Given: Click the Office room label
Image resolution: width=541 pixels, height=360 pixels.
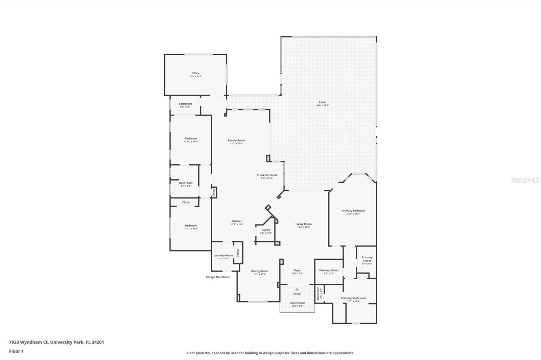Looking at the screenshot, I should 195,73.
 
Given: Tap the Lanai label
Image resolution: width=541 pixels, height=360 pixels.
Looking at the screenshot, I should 322,102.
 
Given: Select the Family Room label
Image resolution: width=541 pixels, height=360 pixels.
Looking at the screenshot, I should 236,140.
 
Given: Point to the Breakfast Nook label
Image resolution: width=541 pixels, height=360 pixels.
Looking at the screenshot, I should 267,175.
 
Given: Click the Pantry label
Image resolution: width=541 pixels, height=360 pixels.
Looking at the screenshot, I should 266,230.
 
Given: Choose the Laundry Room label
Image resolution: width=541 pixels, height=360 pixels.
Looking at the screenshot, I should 223,256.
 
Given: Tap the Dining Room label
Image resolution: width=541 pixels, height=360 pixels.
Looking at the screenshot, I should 259,271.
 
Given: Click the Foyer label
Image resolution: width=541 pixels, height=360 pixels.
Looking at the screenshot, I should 297,271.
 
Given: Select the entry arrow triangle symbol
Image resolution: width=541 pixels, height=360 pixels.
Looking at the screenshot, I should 297,289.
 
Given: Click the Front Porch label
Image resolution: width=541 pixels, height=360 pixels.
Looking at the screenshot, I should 297,303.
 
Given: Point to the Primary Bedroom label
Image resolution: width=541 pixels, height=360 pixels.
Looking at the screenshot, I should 353,211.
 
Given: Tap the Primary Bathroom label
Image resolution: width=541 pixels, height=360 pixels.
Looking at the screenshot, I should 353,298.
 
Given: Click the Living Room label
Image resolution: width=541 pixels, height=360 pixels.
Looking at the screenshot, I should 303,224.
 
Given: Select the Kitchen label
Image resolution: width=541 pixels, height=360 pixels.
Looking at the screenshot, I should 237,222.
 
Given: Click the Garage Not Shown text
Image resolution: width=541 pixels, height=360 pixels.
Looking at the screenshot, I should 218,277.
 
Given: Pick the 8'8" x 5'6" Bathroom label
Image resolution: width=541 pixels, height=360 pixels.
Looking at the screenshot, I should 185,104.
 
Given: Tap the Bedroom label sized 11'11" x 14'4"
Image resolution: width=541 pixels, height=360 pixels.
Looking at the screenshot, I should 191,138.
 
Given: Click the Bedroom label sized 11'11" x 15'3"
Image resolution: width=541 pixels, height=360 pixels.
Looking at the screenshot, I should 191,226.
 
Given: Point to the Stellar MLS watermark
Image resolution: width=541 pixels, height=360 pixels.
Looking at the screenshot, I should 525,180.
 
